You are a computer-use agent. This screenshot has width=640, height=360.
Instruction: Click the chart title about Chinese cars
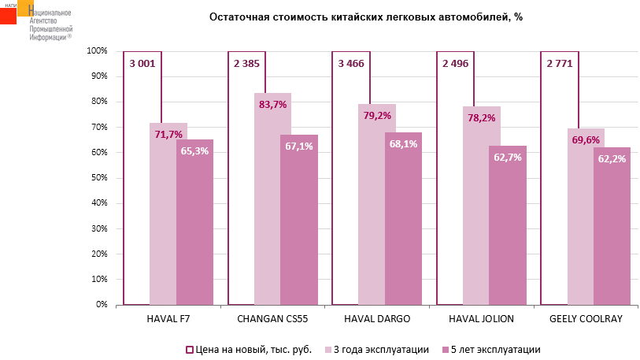coord(365,17)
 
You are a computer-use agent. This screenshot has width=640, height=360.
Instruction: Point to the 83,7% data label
coord(272,104)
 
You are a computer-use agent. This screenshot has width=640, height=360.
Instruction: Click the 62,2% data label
coord(612,158)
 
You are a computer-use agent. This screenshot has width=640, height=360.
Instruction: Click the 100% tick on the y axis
coord(96,51)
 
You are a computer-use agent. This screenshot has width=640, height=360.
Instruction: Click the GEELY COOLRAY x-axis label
coord(585,319)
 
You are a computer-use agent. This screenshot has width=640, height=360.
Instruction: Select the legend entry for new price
coord(248,349)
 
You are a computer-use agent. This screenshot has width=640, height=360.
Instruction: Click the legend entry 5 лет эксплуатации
coord(490,349)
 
